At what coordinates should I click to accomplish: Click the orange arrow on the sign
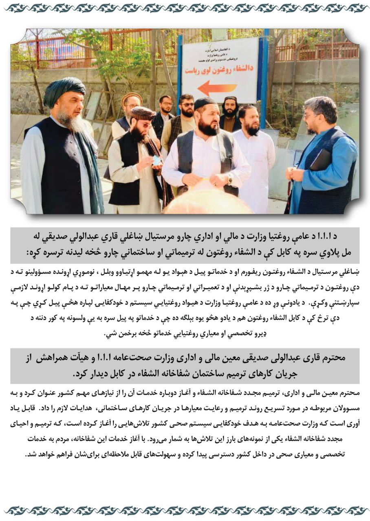tap(217, 88)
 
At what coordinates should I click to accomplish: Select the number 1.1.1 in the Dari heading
tap(171, 358)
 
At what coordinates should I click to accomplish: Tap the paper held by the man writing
tap(156, 160)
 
